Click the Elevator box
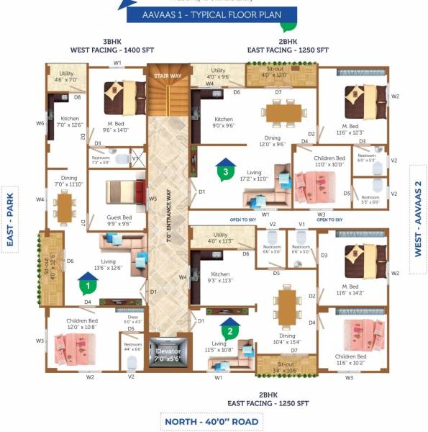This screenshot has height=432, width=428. tap(168, 354)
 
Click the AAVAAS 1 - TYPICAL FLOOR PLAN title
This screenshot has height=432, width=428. tap(213, 14)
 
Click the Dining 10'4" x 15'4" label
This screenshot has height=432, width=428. tap(285, 338)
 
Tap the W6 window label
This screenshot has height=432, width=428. tap(40, 123)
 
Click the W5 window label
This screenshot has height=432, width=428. tap(152, 199)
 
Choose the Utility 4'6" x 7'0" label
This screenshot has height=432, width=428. tap(68, 76)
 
